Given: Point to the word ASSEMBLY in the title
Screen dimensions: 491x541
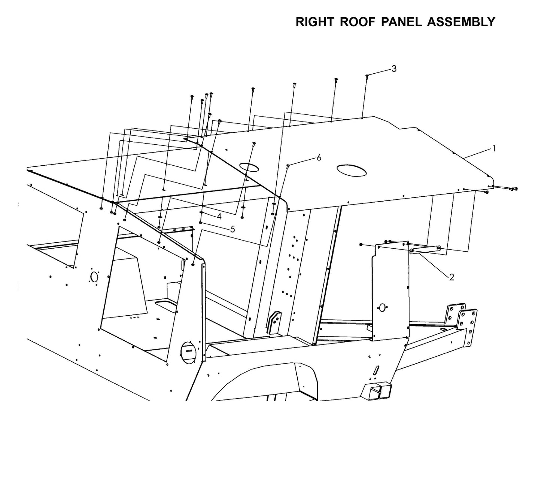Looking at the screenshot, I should coord(461,22).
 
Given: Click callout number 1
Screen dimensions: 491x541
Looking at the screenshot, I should coord(494,148).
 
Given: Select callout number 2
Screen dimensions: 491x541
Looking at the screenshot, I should coord(452,277).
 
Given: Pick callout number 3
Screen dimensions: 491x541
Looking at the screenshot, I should coord(394,69).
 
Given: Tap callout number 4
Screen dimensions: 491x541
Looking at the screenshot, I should coord(219,216).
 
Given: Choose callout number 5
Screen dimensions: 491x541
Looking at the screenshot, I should coord(232,229).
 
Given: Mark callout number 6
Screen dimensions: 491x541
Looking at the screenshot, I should coord(319,158).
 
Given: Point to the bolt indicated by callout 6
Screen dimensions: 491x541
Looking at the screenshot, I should coord(288,166).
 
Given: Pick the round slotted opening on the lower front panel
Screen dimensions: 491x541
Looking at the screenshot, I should coord(189,352).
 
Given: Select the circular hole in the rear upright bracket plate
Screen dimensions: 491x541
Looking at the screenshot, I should coord(382,308).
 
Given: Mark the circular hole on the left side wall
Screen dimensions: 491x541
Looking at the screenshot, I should coord(94,277).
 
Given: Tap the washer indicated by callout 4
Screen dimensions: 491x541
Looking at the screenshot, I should coord(201,212).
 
